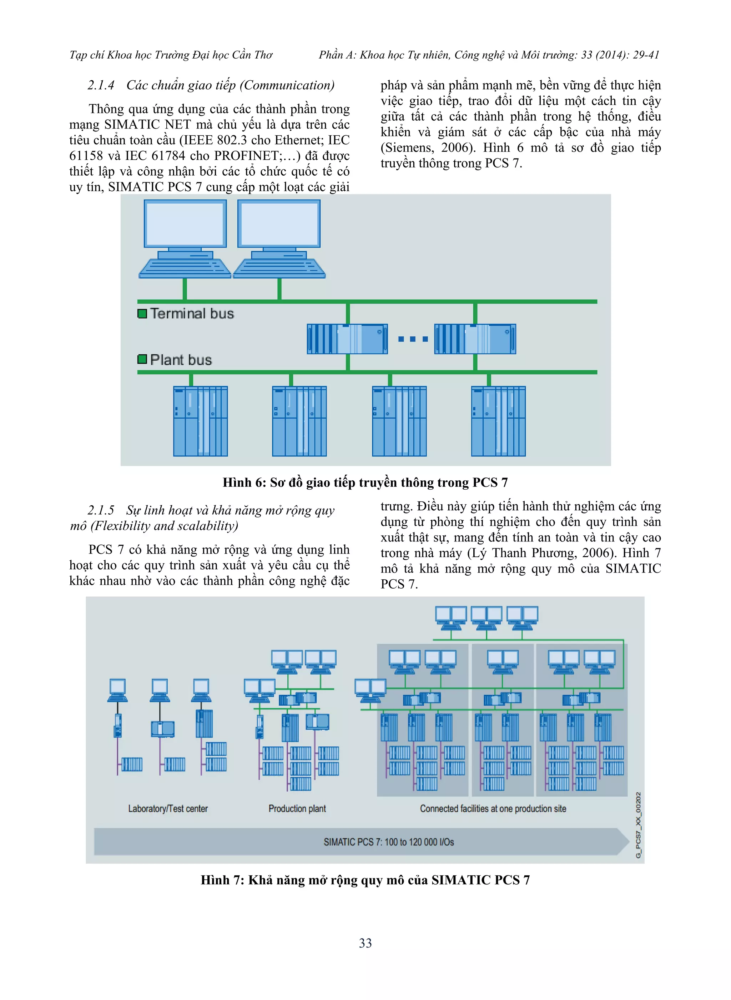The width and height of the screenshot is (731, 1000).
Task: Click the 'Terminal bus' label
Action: tap(192, 314)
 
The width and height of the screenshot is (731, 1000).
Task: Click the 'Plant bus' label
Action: tap(181, 359)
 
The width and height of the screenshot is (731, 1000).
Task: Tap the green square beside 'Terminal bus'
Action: tap(142, 314)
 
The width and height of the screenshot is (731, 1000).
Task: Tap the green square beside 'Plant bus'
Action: tap(142, 359)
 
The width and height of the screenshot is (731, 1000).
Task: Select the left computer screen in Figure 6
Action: tap(185, 224)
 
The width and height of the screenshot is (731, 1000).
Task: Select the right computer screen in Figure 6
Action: tap(279, 224)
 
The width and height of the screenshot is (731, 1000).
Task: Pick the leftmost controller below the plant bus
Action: tap(201, 421)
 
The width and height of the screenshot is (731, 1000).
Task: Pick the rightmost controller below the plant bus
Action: tap(498, 421)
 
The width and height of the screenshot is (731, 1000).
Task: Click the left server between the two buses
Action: tap(347, 339)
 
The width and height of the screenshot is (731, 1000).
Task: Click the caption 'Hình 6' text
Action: tap(244, 482)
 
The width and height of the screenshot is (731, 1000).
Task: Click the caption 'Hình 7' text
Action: tap(222, 880)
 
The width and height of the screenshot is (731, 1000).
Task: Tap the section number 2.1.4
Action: tap(101, 85)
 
